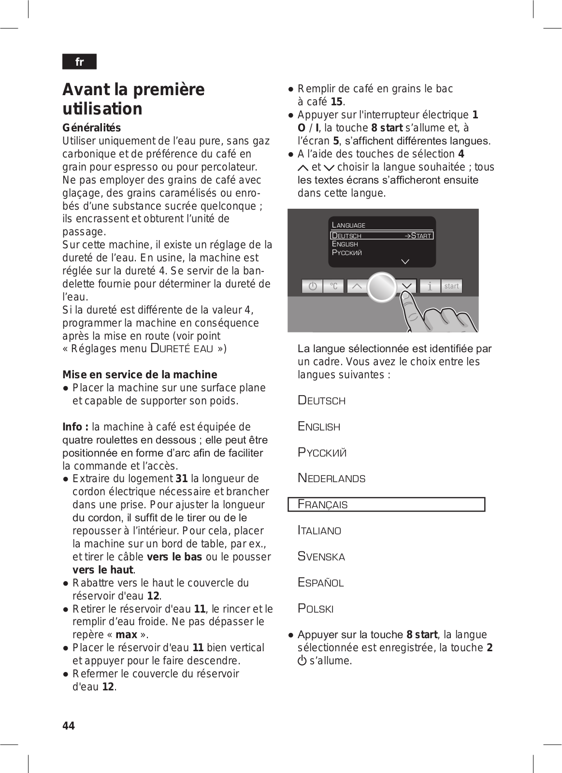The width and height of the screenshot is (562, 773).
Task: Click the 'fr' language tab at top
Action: [x=79, y=62]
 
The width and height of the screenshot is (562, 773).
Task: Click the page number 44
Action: [x=69, y=726]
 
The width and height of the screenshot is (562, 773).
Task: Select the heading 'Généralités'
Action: [x=91, y=128]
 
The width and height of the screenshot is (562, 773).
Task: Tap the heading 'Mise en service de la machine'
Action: [x=140, y=374]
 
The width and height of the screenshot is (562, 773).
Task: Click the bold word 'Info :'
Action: [x=75, y=427]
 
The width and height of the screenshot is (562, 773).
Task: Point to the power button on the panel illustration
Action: [x=312, y=286]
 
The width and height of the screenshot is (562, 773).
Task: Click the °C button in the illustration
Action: [x=334, y=286]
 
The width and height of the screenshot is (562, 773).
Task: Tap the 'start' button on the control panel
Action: [x=451, y=286]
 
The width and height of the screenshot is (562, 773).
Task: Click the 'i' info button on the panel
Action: [x=430, y=286]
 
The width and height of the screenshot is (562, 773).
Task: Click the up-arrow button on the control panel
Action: [x=357, y=286]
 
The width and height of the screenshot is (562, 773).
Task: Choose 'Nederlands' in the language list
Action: [x=331, y=478]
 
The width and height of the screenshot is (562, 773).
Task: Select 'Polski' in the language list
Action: [x=316, y=608]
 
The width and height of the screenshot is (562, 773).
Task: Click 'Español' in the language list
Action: [x=320, y=582]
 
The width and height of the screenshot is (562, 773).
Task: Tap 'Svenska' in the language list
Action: [x=321, y=557]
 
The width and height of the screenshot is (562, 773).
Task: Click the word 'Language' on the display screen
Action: [x=348, y=225]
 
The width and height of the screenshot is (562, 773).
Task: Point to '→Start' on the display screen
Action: [x=418, y=236]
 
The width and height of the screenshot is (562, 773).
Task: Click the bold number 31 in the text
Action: [x=182, y=478]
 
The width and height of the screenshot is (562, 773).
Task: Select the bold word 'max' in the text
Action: [x=126, y=634]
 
